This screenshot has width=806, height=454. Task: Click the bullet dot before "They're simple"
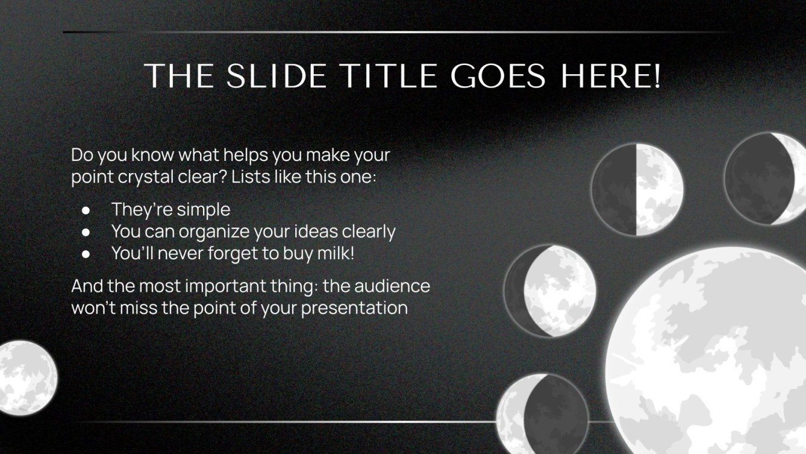86,210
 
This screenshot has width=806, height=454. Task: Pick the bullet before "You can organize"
86,232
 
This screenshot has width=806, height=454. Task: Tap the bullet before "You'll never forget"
86,254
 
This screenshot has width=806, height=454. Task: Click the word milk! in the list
335,253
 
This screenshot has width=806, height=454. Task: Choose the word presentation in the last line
354,308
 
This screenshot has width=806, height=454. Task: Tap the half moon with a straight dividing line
636,189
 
